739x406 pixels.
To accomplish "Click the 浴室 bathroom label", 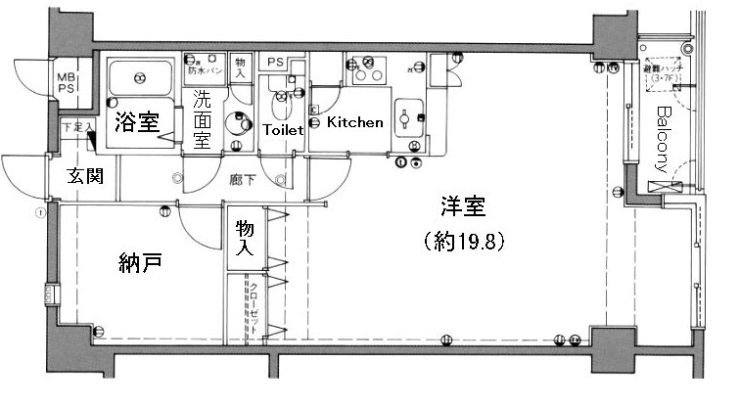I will click(x=136, y=122).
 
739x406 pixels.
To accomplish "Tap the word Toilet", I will click(x=283, y=129).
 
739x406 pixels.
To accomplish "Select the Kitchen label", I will click(x=354, y=123).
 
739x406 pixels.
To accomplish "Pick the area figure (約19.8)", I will click(x=462, y=241).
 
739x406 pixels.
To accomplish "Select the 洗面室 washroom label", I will click(x=202, y=118).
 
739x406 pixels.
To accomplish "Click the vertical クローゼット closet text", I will click(x=254, y=307).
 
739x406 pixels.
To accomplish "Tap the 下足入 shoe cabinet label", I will click(x=77, y=127).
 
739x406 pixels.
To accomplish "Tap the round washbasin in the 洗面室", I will click(x=235, y=123).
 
